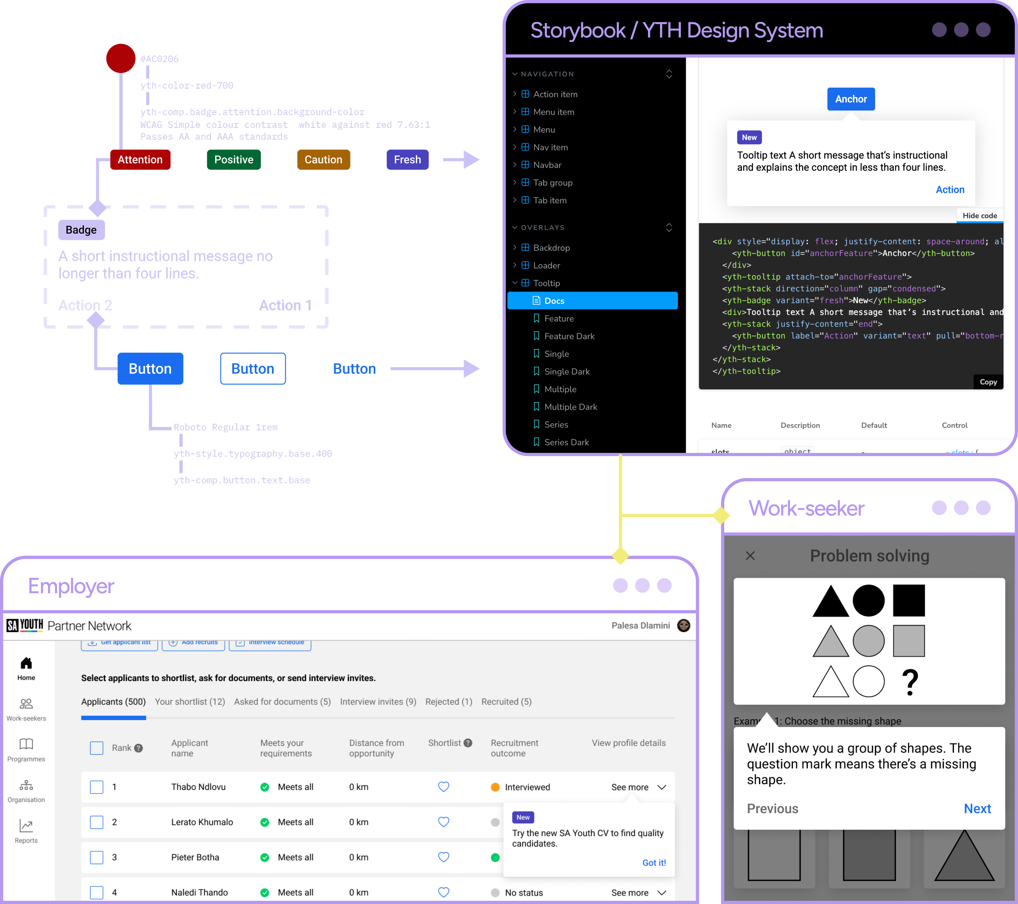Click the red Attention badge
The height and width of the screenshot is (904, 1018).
pyautogui.click(x=140, y=160)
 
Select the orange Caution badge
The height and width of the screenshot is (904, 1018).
pyautogui.click(x=323, y=160)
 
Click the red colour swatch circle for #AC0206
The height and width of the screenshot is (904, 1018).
pyautogui.click(x=121, y=58)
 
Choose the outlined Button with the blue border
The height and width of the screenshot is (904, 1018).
pyautogui.click(x=252, y=369)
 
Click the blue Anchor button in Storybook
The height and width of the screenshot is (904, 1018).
pyautogui.click(x=851, y=99)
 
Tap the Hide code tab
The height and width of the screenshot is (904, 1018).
pyautogui.click(x=979, y=216)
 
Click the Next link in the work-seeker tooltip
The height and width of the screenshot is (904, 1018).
pyautogui.click(x=977, y=808)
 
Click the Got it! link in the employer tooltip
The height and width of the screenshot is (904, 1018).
pyautogui.click(x=653, y=863)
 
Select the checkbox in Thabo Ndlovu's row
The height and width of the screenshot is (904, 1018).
pyautogui.click(x=97, y=787)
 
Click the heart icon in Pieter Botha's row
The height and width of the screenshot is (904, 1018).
pyautogui.click(x=443, y=857)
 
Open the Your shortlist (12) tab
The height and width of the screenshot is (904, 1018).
pyautogui.click(x=190, y=702)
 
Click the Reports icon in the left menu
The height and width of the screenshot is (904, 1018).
pyautogui.click(x=26, y=827)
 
